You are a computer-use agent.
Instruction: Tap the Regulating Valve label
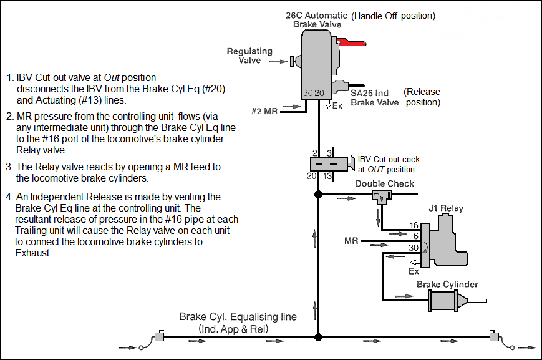[x=249, y=56]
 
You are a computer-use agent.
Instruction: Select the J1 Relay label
[x=446, y=208]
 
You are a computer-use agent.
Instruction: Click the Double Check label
[x=384, y=184]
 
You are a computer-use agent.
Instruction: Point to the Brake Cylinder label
[x=447, y=285]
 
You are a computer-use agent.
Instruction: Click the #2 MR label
[x=264, y=111]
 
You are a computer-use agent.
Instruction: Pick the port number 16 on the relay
[x=414, y=225]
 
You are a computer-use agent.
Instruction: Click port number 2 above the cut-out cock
[x=314, y=152]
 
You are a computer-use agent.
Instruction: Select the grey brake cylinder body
[x=445, y=304]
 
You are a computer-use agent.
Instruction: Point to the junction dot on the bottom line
[x=318, y=337]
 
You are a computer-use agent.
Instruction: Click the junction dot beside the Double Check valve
[x=318, y=195]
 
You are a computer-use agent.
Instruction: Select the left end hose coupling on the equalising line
[x=158, y=337]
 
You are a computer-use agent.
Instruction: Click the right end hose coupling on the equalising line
[x=495, y=337]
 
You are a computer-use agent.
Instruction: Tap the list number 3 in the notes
[x=9, y=167]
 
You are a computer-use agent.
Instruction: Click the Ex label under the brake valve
[x=337, y=106]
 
